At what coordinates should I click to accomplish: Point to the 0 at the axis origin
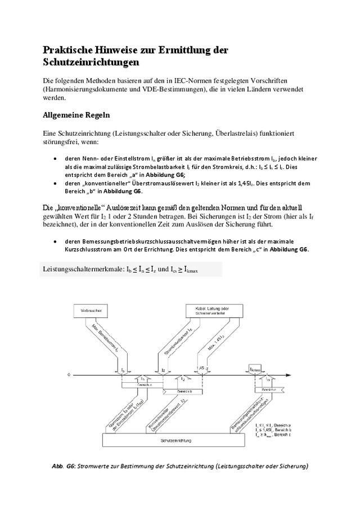tap(69, 374)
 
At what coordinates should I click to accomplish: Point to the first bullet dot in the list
tap(54, 159)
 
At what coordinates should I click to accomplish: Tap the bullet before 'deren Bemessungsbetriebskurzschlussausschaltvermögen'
tap(54, 241)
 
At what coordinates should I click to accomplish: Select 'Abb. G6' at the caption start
tap(63, 467)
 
